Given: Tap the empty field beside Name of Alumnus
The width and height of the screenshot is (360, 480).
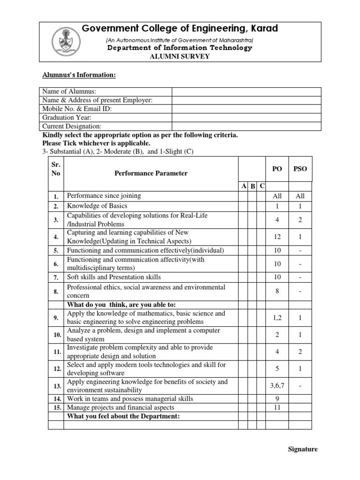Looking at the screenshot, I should (246, 91).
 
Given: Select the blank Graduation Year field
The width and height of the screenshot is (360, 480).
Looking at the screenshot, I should (246, 118).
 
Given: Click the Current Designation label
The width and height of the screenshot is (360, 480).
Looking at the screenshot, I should (72, 127).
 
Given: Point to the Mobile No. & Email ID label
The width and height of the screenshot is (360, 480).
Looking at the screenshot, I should (77, 109).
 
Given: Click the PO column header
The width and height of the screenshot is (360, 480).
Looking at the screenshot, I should (277, 169).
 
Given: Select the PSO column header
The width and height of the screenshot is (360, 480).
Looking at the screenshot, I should (300, 169).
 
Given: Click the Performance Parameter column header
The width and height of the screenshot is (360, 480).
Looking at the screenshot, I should (151, 173).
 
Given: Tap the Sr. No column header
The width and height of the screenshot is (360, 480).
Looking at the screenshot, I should (56, 169).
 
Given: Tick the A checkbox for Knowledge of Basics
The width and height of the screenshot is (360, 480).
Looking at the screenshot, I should (244, 206).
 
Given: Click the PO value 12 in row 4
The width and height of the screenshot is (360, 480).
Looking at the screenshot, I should (277, 237).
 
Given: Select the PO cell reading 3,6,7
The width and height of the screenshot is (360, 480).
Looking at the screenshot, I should (277, 386).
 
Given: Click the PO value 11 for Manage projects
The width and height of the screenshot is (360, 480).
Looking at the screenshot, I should (277, 407).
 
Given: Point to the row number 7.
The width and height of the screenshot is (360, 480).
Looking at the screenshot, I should (56, 277).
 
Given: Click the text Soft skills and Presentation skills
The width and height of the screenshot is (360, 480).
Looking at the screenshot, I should (114, 277).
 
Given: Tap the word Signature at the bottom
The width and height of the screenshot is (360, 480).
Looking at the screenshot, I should (302, 449).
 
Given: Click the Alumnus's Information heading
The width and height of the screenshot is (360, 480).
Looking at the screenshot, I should (79, 75).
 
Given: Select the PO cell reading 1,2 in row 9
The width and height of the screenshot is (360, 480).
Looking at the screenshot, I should (277, 317).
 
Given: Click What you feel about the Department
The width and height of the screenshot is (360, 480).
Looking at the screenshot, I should (124, 416).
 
